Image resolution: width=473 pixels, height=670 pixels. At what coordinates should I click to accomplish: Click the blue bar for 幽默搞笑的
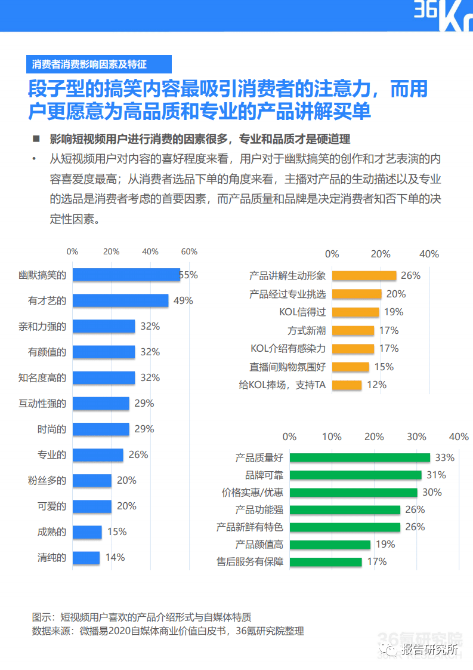(x=126, y=275)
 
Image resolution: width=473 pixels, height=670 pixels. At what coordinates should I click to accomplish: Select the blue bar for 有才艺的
(x=120, y=300)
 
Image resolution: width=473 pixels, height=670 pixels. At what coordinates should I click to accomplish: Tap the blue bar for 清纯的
(x=86, y=558)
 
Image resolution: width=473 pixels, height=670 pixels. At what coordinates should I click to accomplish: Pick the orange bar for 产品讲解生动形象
(x=364, y=276)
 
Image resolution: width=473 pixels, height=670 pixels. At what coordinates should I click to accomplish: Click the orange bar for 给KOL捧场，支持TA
(x=347, y=385)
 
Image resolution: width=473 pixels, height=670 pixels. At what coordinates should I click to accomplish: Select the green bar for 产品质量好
(x=360, y=457)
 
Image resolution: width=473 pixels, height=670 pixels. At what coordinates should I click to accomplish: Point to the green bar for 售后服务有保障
(x=326, y=561)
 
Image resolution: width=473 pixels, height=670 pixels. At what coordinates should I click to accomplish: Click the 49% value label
(x=183, y=300)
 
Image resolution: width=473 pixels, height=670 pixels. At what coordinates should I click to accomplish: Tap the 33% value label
(x=445, y=457)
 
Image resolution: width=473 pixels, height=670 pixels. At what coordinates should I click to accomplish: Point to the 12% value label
(x=376, y=385)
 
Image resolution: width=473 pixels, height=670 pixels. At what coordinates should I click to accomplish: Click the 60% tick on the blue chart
(x=189, y=251)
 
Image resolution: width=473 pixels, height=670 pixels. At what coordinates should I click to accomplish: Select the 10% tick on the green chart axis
(x=332, y=437)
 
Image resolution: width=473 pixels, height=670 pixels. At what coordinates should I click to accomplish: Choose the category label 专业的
(x=52, y=454)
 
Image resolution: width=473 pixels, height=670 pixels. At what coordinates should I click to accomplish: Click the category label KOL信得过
(x=302, y=312)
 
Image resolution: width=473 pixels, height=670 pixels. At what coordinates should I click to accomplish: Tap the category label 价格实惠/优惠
(x=252, y=492)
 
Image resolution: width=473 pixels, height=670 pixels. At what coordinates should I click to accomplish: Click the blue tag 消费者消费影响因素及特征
(x=99, y=64)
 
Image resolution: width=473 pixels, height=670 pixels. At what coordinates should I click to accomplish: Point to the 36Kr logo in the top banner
(x=443, y=16)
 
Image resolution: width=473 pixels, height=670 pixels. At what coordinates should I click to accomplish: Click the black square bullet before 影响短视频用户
(x=36, y=139)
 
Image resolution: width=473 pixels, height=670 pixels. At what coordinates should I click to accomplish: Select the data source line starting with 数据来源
(x=168, y=631)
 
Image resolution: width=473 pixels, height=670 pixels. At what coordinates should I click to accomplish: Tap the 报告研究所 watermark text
(x=429, y=650)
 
